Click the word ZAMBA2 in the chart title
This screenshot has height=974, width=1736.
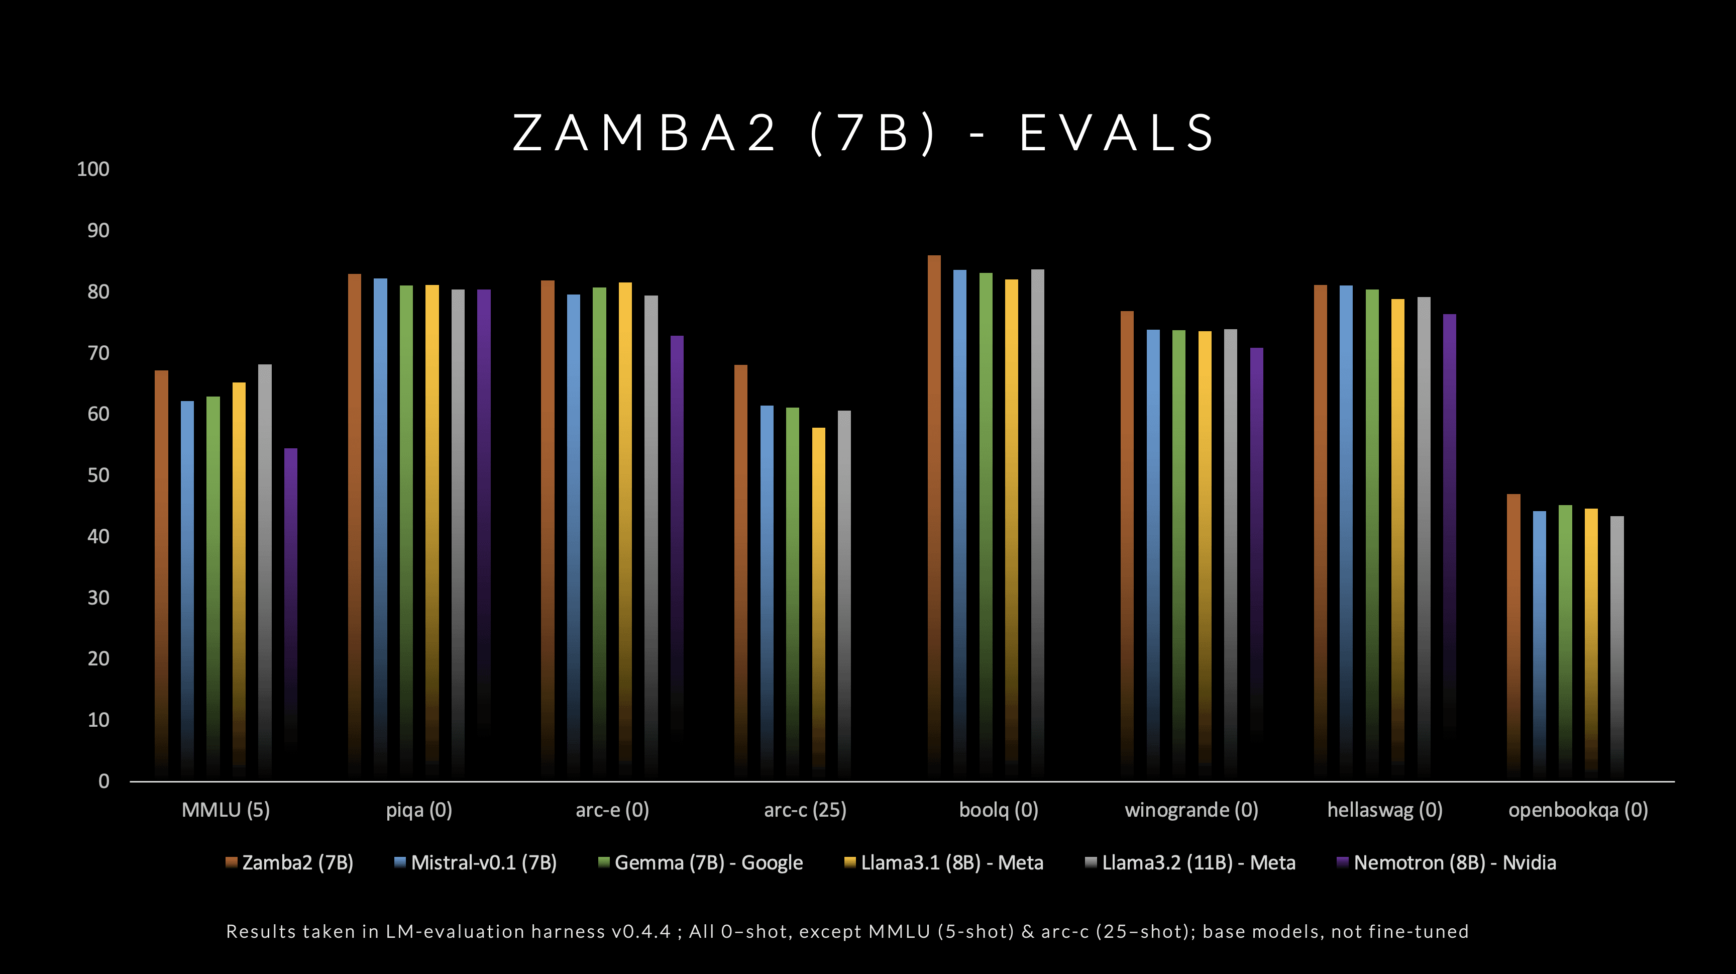645,133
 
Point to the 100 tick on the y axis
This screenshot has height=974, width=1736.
93,169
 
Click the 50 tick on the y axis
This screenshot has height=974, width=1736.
98,475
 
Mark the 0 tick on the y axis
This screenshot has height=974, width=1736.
104,781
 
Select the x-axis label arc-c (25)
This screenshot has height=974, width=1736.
805,810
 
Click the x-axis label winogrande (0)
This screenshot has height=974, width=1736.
1191,810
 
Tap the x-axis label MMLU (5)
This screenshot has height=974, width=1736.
226,810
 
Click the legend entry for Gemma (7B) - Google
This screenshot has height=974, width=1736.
701,863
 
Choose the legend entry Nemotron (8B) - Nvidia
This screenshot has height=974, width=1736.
1446,863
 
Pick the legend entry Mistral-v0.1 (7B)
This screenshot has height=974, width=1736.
476,863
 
